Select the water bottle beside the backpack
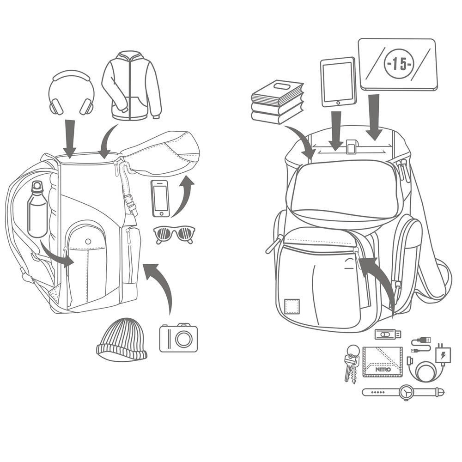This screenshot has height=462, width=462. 37,210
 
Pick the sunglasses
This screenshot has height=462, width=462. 174,234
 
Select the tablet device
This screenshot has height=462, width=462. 338,82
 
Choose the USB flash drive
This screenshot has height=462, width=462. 387,334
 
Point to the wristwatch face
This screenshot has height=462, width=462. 407,392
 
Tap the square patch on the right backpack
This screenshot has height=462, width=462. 292,306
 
